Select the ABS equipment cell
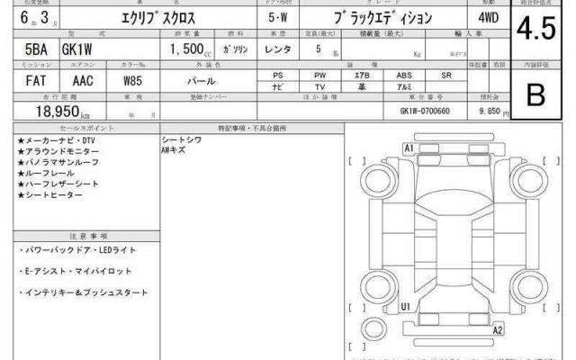point(406,76)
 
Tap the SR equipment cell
point(445,76)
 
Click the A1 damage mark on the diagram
point(409,147)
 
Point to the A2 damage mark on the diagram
point(497,331)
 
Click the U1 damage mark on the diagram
point(406,306)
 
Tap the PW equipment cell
point(320,76)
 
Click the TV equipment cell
point(320,87)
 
